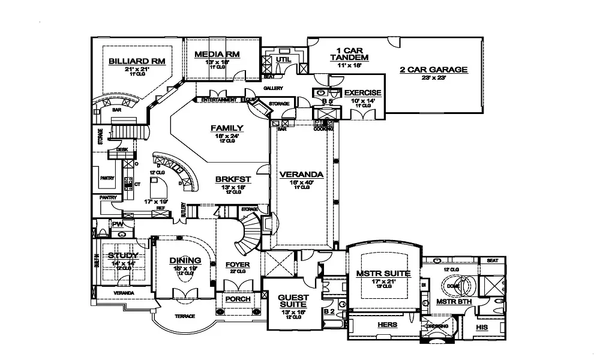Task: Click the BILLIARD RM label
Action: pos(137,61)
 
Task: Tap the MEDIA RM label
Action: pos(217,55)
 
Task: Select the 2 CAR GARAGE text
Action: pos(433,70)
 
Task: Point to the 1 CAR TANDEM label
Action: pos(349,53)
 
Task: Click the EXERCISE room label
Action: pos(362,93)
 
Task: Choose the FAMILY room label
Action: pos(227,128)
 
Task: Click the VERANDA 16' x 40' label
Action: pos(301,175)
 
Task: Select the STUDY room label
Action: pos(123,256)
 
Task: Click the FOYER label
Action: pos(237,265)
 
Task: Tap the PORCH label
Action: pos(237,299)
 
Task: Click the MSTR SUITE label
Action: pos(383,274)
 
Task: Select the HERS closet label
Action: pos(388,325)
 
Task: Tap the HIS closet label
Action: pos(481,328)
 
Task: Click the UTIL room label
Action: pos(284,59)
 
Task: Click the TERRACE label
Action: pos(185,316)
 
